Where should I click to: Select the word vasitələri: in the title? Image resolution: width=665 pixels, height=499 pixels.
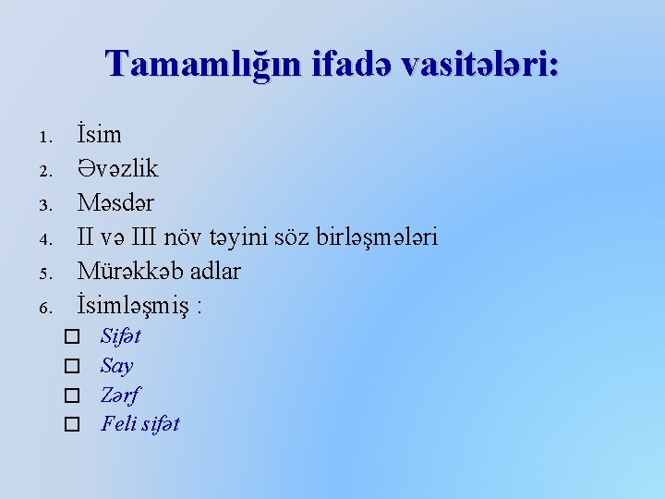tap(474, 63)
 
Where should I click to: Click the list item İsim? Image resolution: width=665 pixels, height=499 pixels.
tap(99, 135)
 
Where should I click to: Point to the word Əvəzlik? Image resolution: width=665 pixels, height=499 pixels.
tap(117, 169)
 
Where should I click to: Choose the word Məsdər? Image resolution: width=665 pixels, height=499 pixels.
tap(115, 203)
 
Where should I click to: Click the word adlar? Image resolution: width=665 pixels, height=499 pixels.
tap(212, 272)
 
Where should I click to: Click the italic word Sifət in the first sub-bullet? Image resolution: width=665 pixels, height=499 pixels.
tap(120, 335)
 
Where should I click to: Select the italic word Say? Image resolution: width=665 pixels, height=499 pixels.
tap(116, 365)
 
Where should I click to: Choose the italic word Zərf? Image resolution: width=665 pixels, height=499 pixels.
tap(120, 395)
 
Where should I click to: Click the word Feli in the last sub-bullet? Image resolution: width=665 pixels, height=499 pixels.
tap(117, 424)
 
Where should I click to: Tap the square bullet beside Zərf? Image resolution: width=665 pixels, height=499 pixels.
tap(72, 396)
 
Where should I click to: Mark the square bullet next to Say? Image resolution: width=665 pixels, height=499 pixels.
tap(72, 366)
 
